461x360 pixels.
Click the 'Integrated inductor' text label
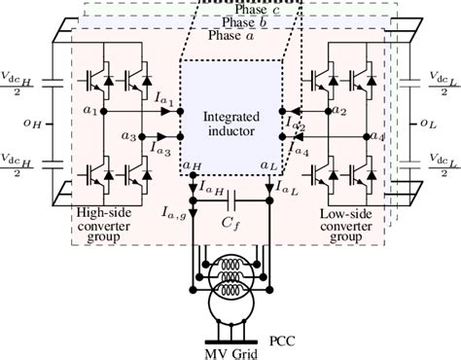[230, 124]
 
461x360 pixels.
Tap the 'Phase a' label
[230, 35]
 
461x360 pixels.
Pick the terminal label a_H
[192, 166]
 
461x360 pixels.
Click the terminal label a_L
[268, 166]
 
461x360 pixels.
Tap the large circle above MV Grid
[230, 313]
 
